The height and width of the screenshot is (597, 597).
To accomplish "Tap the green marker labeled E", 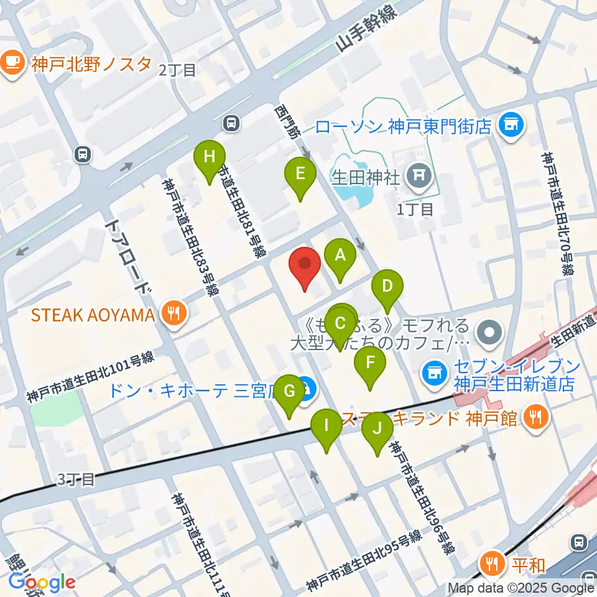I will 300,174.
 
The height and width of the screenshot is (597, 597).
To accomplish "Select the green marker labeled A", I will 340,254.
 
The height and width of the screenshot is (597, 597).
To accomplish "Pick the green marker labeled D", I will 387,287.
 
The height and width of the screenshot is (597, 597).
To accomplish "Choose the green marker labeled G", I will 289,391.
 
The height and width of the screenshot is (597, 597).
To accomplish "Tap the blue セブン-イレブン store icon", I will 433,373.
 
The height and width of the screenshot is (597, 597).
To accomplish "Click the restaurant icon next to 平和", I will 493,564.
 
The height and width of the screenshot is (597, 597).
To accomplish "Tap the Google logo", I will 42,582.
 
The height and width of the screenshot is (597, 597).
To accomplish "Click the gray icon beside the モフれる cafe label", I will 491,331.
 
